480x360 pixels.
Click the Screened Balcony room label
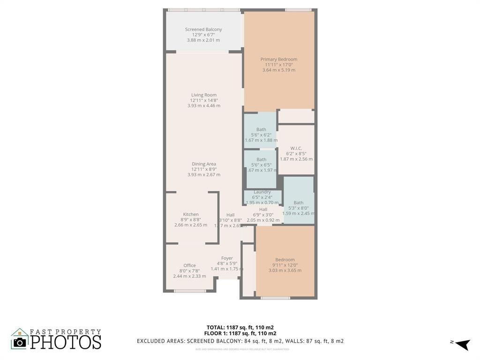(203, 30)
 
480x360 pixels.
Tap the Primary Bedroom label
(279, 60)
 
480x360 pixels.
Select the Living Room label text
(204, 95)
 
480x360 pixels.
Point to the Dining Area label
(204, 164)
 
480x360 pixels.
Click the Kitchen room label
(191, 215)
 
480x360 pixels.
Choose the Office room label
(189, 266)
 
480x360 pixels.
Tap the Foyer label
(227, 258)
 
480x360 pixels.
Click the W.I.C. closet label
(296, 149)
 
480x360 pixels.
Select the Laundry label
(262, 192)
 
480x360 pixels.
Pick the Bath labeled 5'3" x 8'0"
(298, 203)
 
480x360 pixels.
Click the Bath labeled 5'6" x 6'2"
(261, 130)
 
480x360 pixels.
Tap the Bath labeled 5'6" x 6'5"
(261, 160)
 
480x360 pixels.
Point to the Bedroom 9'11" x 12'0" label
(285, 260)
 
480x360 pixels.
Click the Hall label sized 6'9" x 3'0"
(263, 210)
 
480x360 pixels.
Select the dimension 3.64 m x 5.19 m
(279, 70)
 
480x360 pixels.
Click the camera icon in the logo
(20, 342)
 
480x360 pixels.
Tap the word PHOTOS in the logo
(66, 342)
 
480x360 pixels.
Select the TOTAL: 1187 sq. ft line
(240, 327)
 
